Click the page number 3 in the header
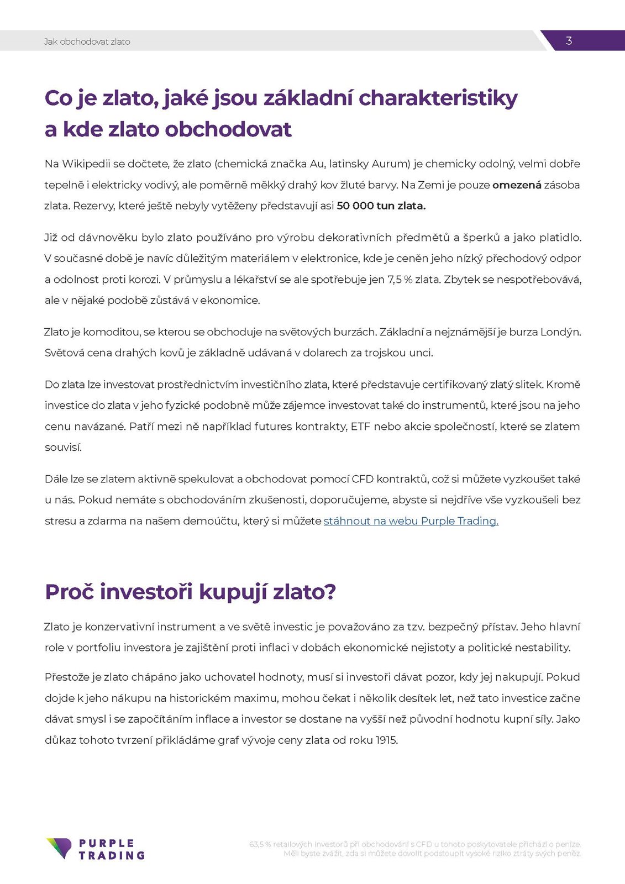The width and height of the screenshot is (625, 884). point(569,41)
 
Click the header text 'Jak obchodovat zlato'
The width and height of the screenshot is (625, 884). point(87,41)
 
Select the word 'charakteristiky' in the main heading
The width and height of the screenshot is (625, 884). point(438,98)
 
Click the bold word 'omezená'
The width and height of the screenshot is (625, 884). point(517,185)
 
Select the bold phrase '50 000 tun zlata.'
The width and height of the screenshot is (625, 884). point(381,206)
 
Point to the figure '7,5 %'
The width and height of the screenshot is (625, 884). point(400,280)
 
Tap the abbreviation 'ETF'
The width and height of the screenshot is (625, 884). point(360,427)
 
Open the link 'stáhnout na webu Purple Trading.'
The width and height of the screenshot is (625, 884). point(411,521)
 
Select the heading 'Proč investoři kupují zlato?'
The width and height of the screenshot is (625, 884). point(190,592)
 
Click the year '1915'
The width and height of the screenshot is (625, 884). point(387,740)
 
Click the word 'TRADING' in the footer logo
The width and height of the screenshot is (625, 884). point(112,855)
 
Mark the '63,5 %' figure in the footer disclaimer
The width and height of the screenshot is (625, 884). point(260,844)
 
